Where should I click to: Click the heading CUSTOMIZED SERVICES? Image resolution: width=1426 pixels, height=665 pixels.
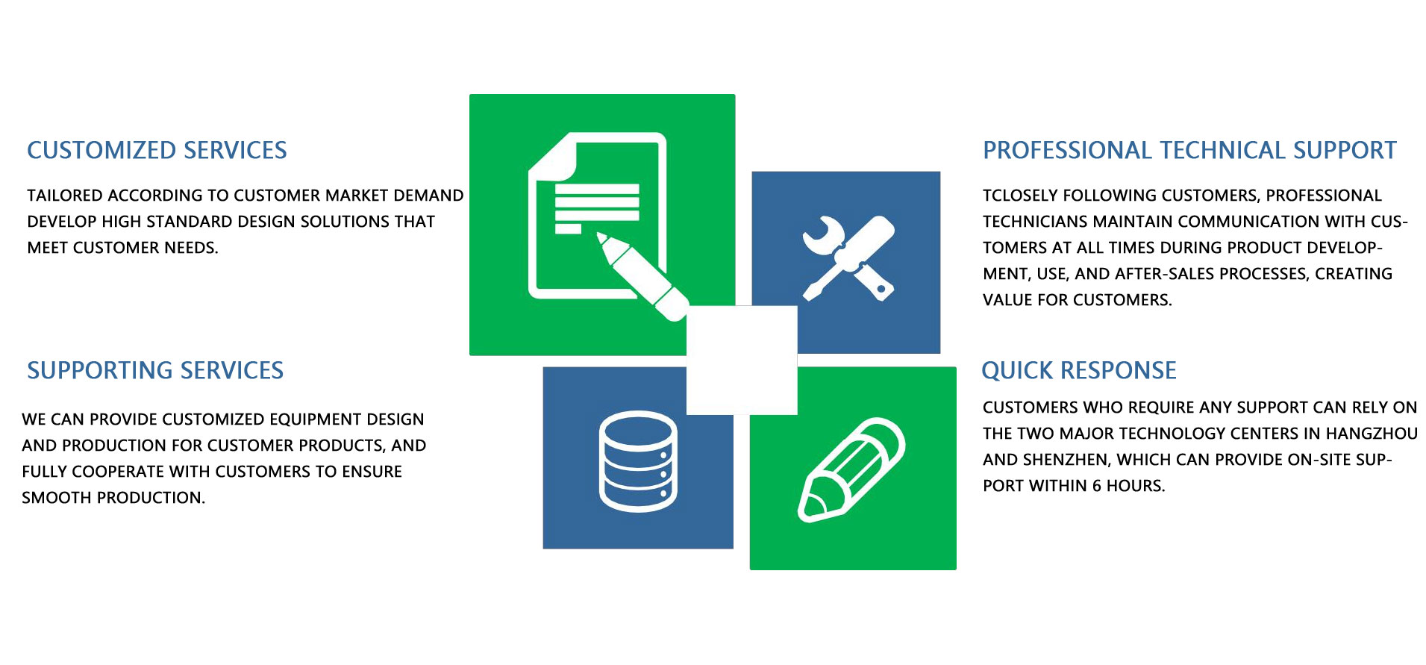157,151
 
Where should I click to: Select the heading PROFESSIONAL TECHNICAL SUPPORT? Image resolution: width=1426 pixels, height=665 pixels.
1189,151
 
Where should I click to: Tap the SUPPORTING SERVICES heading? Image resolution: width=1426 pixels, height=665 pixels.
155,371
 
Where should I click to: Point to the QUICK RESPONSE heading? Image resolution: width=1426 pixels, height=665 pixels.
1079,371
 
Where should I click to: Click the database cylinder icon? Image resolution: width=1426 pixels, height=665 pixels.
638,461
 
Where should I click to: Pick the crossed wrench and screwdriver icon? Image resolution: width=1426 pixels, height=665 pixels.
848,258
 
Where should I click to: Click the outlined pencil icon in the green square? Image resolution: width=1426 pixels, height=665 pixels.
851,470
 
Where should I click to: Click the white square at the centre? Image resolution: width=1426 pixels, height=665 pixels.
742,360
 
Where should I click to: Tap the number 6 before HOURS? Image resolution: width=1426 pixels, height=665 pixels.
1097,486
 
